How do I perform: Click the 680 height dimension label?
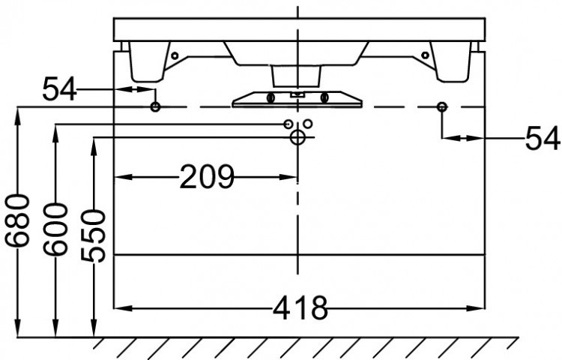[17, 220]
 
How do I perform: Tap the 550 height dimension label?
[94, 236]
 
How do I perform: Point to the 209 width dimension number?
[207, 178]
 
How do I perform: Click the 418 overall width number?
[300, 307]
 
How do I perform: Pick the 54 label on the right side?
[541, 138]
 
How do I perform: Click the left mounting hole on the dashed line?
[155, 107]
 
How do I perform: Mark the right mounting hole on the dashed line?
[442, 107]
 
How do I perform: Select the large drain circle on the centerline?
[297, 137]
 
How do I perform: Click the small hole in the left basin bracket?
[175, 55]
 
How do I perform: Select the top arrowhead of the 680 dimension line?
[17, 112]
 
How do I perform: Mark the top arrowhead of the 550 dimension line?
[94, 142]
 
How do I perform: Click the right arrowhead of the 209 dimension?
[292, 178]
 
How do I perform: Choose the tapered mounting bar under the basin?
[297, 99]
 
